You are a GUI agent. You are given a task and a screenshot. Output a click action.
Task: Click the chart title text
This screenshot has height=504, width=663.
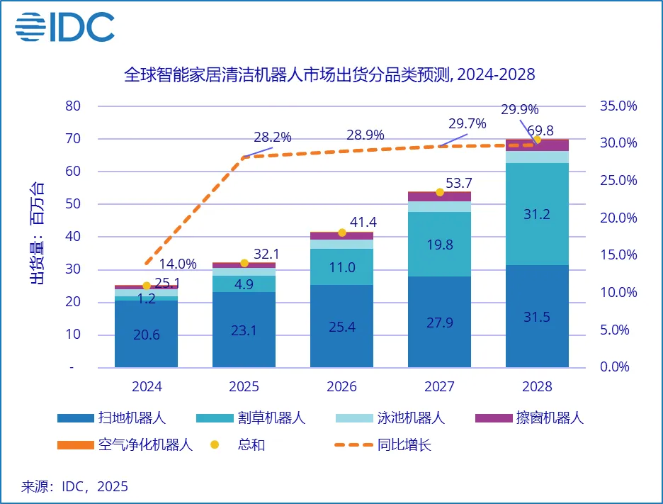click(329, 74)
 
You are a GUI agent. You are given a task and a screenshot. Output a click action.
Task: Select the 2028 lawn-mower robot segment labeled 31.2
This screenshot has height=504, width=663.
click(536, 214)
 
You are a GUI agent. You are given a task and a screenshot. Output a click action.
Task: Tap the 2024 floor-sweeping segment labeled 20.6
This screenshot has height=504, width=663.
click(147, 335)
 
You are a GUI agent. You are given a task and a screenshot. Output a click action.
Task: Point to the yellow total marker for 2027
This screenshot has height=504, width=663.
click(439, 192)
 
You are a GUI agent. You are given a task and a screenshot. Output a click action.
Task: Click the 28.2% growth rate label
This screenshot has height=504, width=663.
click(273, 138)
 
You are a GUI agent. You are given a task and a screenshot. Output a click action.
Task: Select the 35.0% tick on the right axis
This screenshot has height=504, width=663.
click(618, 106)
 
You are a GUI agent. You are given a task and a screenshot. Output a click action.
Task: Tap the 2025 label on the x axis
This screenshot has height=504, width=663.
click(244, 387)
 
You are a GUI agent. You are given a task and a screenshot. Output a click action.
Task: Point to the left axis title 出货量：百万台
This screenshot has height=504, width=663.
click(36, 233)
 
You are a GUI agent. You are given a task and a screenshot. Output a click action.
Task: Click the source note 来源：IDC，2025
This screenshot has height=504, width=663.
click(74, 486)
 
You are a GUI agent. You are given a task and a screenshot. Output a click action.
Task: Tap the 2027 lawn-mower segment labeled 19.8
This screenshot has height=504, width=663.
click(439, 245)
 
